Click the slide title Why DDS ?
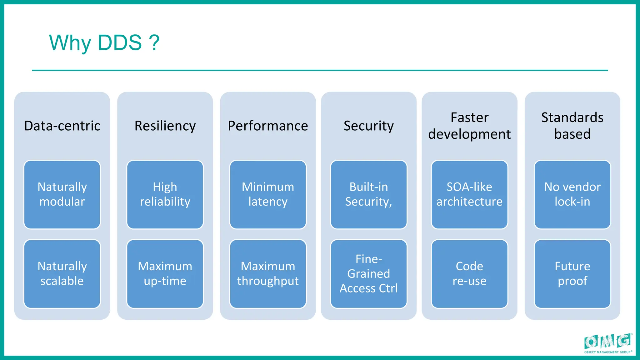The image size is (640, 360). (104, 42)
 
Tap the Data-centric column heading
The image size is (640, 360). (62, 126)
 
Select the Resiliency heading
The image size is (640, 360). (165, 126)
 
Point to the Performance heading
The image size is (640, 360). (268, 126)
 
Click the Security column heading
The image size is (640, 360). (368, 126)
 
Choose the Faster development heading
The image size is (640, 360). (469, 126)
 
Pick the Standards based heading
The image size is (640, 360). (572, 126)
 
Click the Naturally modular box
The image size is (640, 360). (62, 194)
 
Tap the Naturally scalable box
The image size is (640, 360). (62, 274)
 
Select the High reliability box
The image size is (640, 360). (165, 194)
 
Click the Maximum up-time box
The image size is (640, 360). (165, 274)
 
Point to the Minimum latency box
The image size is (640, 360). (268, 194)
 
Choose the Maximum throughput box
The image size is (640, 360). (268, 274)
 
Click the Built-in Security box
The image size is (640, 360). (368, 194)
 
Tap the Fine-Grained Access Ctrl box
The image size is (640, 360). (368, 274)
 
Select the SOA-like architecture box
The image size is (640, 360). (469, 194)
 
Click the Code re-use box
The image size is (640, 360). (469, 274)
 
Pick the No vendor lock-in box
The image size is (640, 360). (572, 194)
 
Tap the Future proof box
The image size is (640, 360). (572, 274)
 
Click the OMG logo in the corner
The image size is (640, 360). (607, 343)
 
